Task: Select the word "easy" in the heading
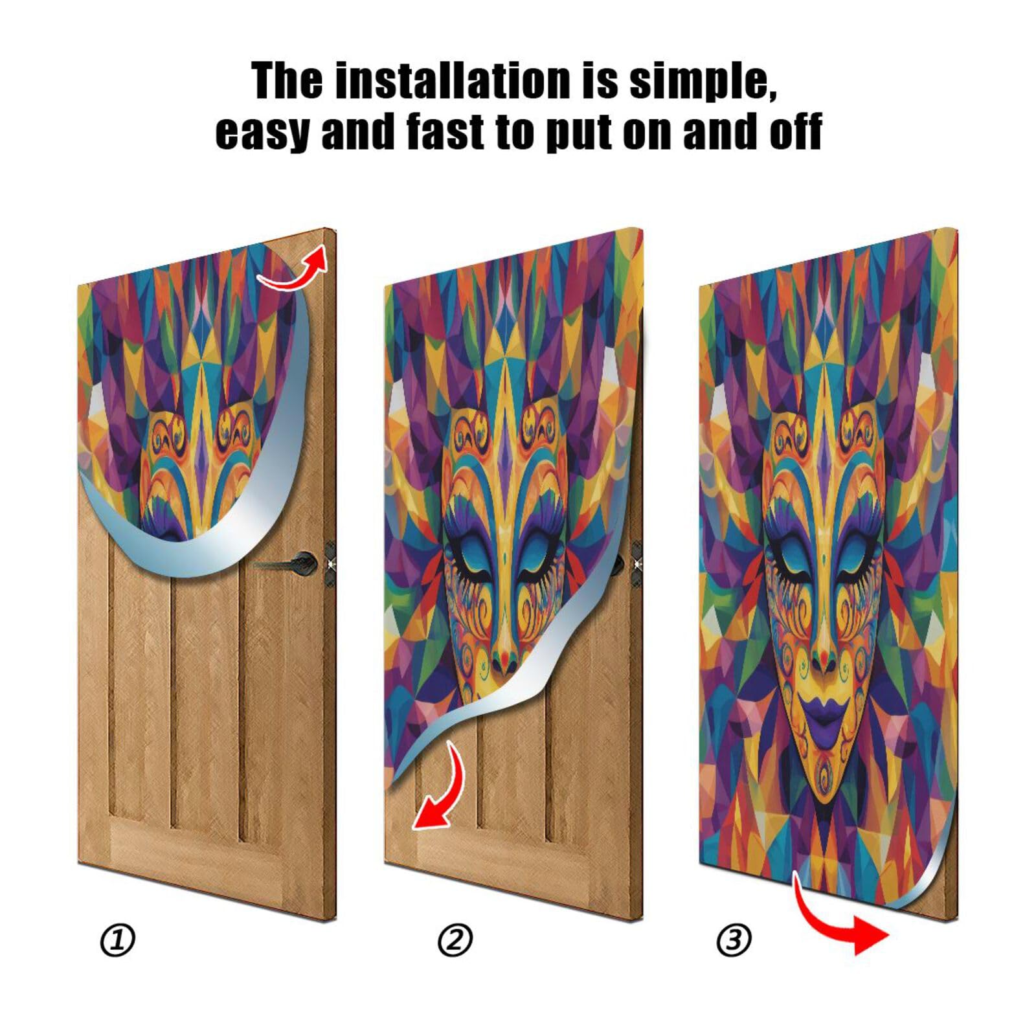(262, 132)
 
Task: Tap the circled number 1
(118, 941)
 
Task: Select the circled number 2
(455, 941)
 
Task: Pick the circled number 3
(734, 940)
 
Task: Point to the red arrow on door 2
(440, 790)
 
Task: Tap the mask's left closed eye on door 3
(791, 558)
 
